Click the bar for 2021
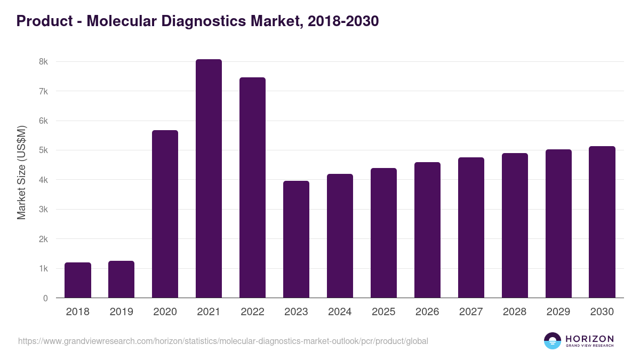(209, 179)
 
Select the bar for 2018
(78, 280)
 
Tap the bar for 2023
(296, 239)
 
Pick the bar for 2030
(602, 222)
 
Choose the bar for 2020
(165, 214)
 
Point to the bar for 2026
(427, 230)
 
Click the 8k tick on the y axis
(43, 62)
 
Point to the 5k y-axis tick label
(43, 150)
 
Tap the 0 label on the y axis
(45, 298)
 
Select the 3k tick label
(43, 210)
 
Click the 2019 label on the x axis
(121, 312)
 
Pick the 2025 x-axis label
(383, 312)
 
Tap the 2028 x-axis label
(515, 312)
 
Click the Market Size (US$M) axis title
(21, 172)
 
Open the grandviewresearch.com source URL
(223, 341)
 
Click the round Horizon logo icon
(553, 341)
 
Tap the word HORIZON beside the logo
(589, 338)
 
